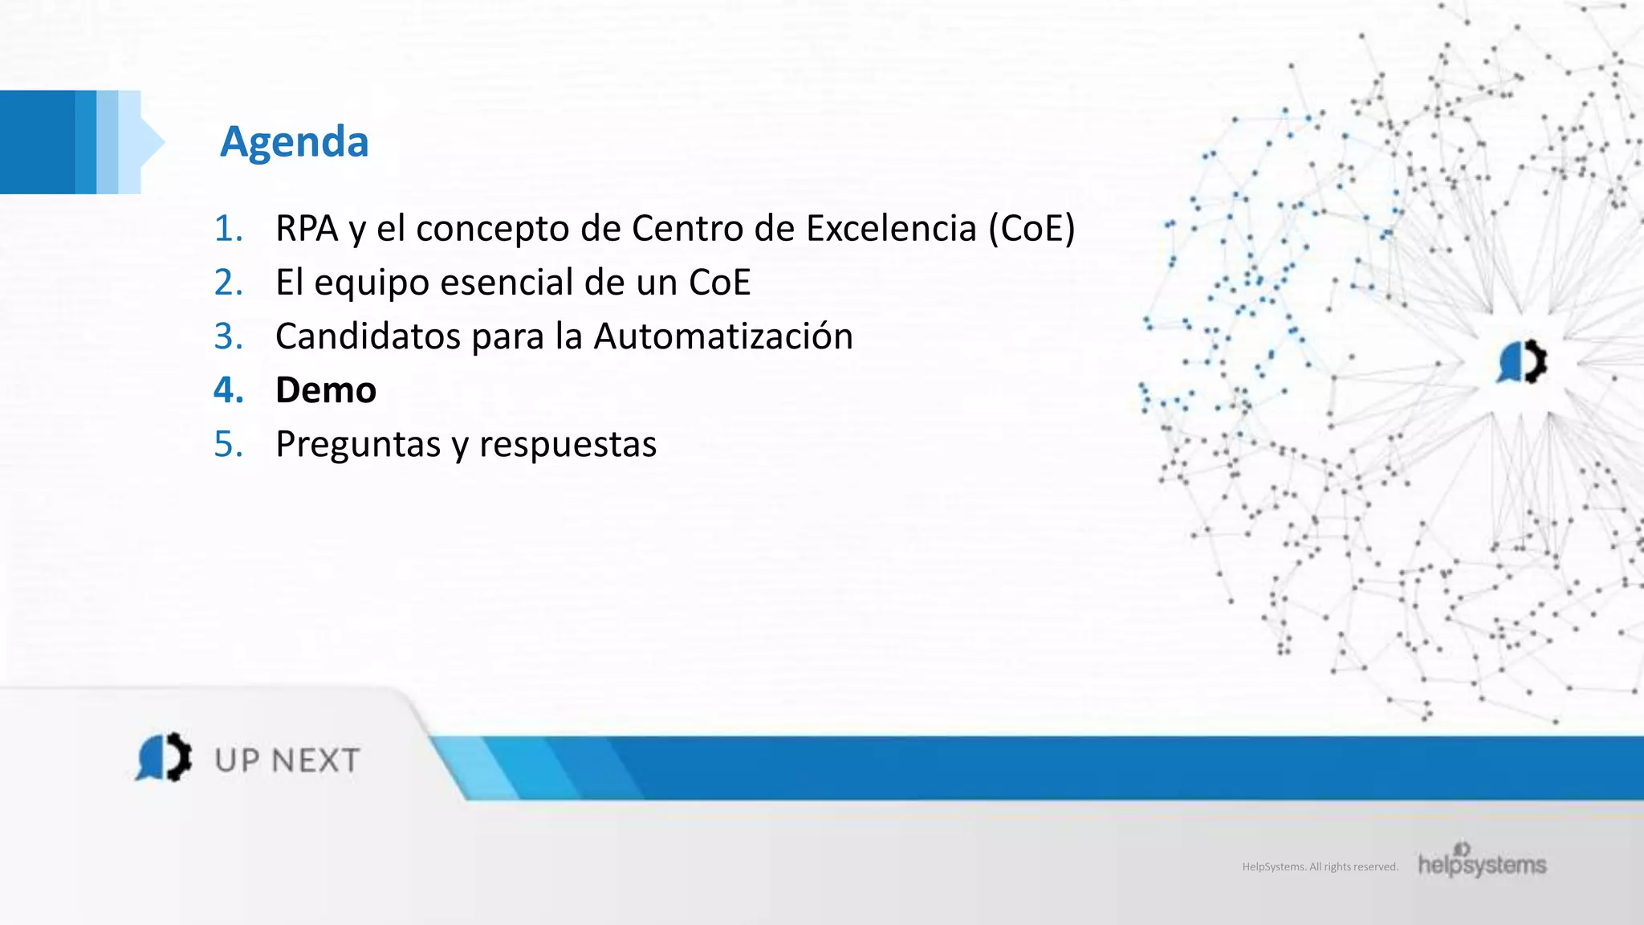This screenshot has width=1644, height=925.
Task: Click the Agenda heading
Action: [295, 142]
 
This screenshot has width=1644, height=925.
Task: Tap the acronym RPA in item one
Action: [306, 229]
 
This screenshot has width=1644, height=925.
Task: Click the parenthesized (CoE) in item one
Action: [1032, 229]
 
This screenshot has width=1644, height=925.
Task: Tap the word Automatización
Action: [722, 336]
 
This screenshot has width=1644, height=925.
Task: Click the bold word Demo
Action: [326, 390]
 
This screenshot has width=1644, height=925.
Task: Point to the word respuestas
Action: [568, 445]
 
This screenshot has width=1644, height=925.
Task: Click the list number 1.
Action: [228, 229]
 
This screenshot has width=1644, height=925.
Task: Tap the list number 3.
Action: [228, 336]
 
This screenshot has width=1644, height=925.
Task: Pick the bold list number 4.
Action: [228, 390]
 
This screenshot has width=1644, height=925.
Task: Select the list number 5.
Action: [228, 444]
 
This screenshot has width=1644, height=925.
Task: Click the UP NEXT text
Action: [287, 760]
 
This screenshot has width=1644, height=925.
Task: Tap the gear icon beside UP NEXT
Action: [165, 756]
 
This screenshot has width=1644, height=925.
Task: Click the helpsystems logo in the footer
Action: [1482, 862]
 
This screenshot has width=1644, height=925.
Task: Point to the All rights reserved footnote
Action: [1320, 867]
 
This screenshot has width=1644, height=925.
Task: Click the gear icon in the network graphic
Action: [1522, 362]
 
